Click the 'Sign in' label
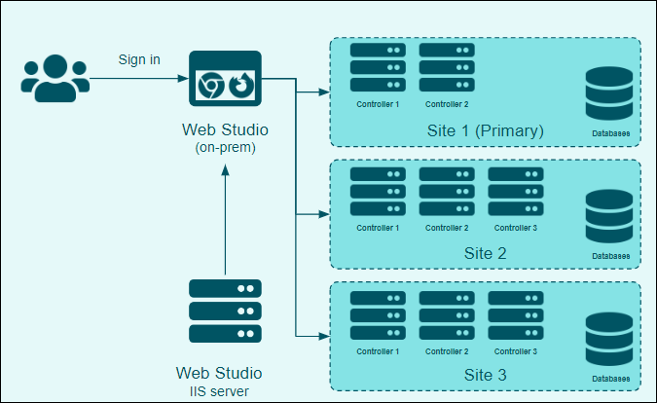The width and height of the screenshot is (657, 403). pos(139,59)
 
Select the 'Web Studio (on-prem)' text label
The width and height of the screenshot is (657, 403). pos(225,137)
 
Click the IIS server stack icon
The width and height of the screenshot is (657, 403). pos(225,311)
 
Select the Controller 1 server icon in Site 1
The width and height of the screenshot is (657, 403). pos(378,68)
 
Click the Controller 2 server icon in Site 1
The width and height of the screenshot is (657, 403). pos(447,68)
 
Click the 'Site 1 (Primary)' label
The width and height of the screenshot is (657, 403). pos(485,130)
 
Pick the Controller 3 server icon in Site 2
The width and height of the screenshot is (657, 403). pos(515,192)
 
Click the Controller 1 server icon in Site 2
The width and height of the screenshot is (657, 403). pos(378,192)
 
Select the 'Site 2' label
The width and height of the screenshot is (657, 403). pos(486,253)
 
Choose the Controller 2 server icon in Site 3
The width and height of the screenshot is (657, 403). pos(447,314)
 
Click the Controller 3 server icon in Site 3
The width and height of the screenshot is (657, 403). pos(515,314)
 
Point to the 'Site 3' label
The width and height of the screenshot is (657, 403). pos(486,375)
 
